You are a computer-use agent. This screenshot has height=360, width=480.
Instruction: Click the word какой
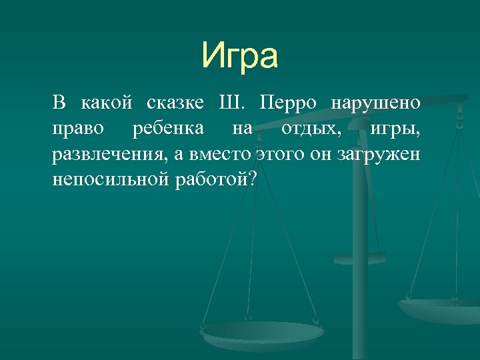[107, 103]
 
